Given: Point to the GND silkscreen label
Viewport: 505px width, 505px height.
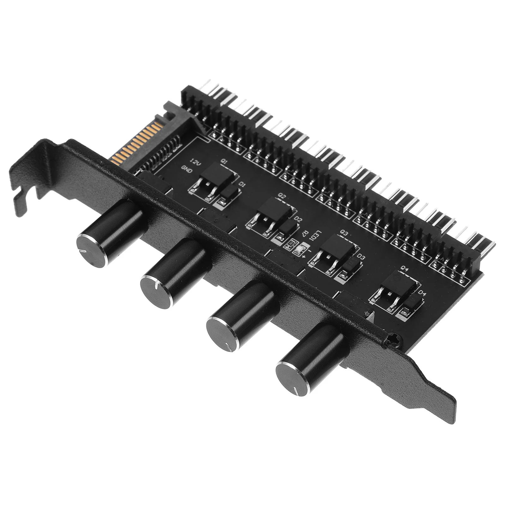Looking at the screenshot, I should click(187, 170).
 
